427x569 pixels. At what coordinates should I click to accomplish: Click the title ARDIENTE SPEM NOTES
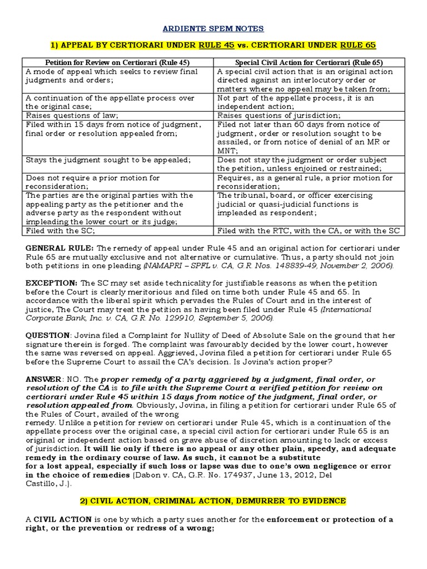coord(213,28)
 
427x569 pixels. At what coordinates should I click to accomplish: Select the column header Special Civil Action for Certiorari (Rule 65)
coord(309,62)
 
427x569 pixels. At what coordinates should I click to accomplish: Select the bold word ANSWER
coord(43,379)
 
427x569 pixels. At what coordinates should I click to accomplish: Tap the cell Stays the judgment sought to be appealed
coord(108,160)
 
